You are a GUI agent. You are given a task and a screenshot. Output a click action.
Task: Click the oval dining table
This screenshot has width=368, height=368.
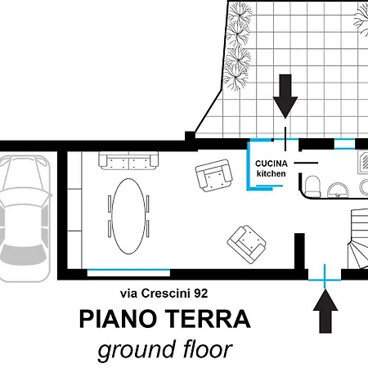coord(128,216)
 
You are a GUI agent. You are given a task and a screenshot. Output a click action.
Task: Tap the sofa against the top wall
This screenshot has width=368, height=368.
coord(128,161)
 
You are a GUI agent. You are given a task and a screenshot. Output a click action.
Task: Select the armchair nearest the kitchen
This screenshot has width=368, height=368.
coord(214,175)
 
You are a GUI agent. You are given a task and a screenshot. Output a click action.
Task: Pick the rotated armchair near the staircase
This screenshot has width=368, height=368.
coord(247,245)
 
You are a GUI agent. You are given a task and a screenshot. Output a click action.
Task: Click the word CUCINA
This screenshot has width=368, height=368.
coord(272,164)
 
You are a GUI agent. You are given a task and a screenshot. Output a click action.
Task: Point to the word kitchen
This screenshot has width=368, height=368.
coord(272,173)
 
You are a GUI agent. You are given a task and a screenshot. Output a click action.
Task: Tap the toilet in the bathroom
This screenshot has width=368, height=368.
coord(312,186)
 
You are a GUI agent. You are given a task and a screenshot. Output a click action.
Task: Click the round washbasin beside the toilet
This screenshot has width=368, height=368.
coord(338,190)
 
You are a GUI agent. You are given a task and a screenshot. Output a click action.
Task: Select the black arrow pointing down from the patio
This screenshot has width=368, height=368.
coord(285,96)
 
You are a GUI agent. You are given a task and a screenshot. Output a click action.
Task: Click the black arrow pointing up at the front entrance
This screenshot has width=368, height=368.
coord(325,311)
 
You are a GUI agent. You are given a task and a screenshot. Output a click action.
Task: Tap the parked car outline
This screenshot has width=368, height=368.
coord(25,218)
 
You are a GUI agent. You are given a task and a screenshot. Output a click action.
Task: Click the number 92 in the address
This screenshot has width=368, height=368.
coord(201,294)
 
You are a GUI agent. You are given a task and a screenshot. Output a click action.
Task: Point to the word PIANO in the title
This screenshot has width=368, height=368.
coord(119,319)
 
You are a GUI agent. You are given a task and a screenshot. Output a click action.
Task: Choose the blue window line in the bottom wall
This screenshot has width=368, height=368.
coord(128,270)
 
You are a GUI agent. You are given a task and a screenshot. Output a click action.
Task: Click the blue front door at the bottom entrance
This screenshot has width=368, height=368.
coord(325,280)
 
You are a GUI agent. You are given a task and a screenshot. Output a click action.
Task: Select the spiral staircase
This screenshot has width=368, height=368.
coord(357,239)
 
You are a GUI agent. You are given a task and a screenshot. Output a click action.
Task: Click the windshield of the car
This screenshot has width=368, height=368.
coord(24,255)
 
